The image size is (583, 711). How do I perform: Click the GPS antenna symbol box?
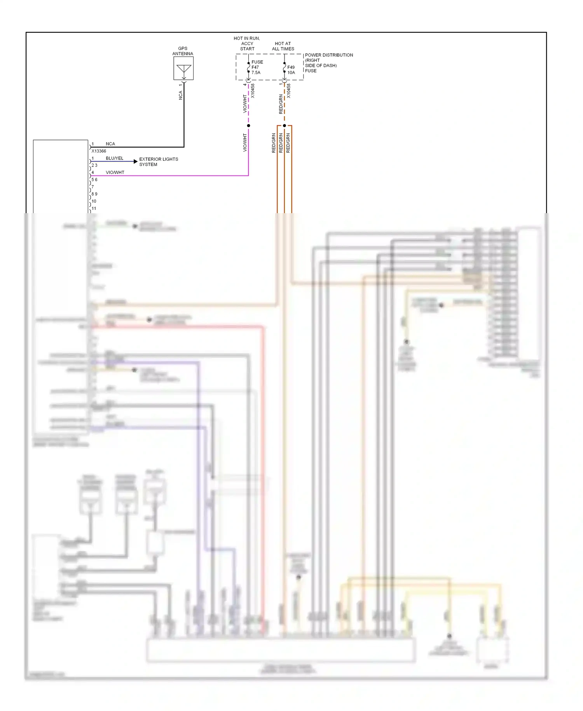[x=183, y=68]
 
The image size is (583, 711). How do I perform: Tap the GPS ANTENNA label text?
[x=183, y=51]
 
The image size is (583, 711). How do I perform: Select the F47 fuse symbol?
[x=248, y=67]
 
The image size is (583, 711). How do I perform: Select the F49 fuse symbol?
[x=285, y=68]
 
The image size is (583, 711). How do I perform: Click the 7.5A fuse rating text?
[x=256, y=73]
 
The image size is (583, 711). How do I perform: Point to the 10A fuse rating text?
[x=291, y=73]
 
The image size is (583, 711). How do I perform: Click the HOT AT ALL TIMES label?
[x=283, y=46]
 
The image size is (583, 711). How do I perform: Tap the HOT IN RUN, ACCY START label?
[x=247, y=44]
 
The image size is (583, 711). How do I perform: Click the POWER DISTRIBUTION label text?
[x=329, y=55]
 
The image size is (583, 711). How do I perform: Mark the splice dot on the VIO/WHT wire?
[x=248, y=126]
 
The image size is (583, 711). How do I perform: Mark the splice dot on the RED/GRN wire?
[x=285, y=126]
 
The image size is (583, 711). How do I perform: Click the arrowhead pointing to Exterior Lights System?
[x=135, y=161]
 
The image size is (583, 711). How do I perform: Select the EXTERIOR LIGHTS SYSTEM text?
[x=159, y=162]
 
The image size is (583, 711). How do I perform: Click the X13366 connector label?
[x=99, y=151]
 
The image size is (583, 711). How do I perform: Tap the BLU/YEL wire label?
[x=114, y=158]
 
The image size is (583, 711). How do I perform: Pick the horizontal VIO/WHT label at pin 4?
[x=115, y=172]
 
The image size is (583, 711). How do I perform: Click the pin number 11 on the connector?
[x=94, y=208]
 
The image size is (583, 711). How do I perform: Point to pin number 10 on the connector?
[x=94, y=201]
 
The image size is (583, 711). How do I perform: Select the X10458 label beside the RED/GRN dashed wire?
[x=289, y=91]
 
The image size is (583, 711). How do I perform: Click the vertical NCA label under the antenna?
[x=180, y=95]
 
